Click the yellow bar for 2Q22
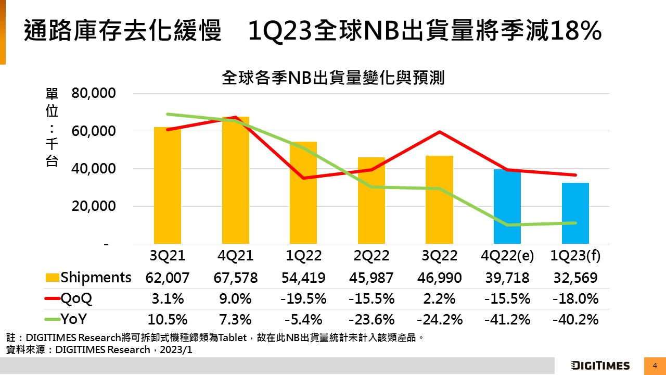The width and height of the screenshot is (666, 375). (x=372, y=201)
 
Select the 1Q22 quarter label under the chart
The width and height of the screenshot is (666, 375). (x=304, y=256)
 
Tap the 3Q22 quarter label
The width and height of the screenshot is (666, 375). (x=440, y=256)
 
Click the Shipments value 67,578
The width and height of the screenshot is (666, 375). (x=236, y=278)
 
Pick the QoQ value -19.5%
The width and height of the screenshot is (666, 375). (x=304, y=299)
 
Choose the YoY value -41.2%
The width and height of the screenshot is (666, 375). (x=507, y=320)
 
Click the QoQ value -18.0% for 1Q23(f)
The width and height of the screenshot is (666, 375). (x=575, y=299)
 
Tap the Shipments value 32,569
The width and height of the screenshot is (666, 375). (x=575, y=278)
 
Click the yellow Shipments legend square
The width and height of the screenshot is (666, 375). (x=52, y=278)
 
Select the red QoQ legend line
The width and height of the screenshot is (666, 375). (x=52, y=299)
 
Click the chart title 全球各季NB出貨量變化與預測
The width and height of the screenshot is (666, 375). (x=333, y=78)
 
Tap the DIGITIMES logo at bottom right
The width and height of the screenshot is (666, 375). (x=600, y=366)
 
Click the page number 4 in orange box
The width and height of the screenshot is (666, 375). (x=655, y=366)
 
